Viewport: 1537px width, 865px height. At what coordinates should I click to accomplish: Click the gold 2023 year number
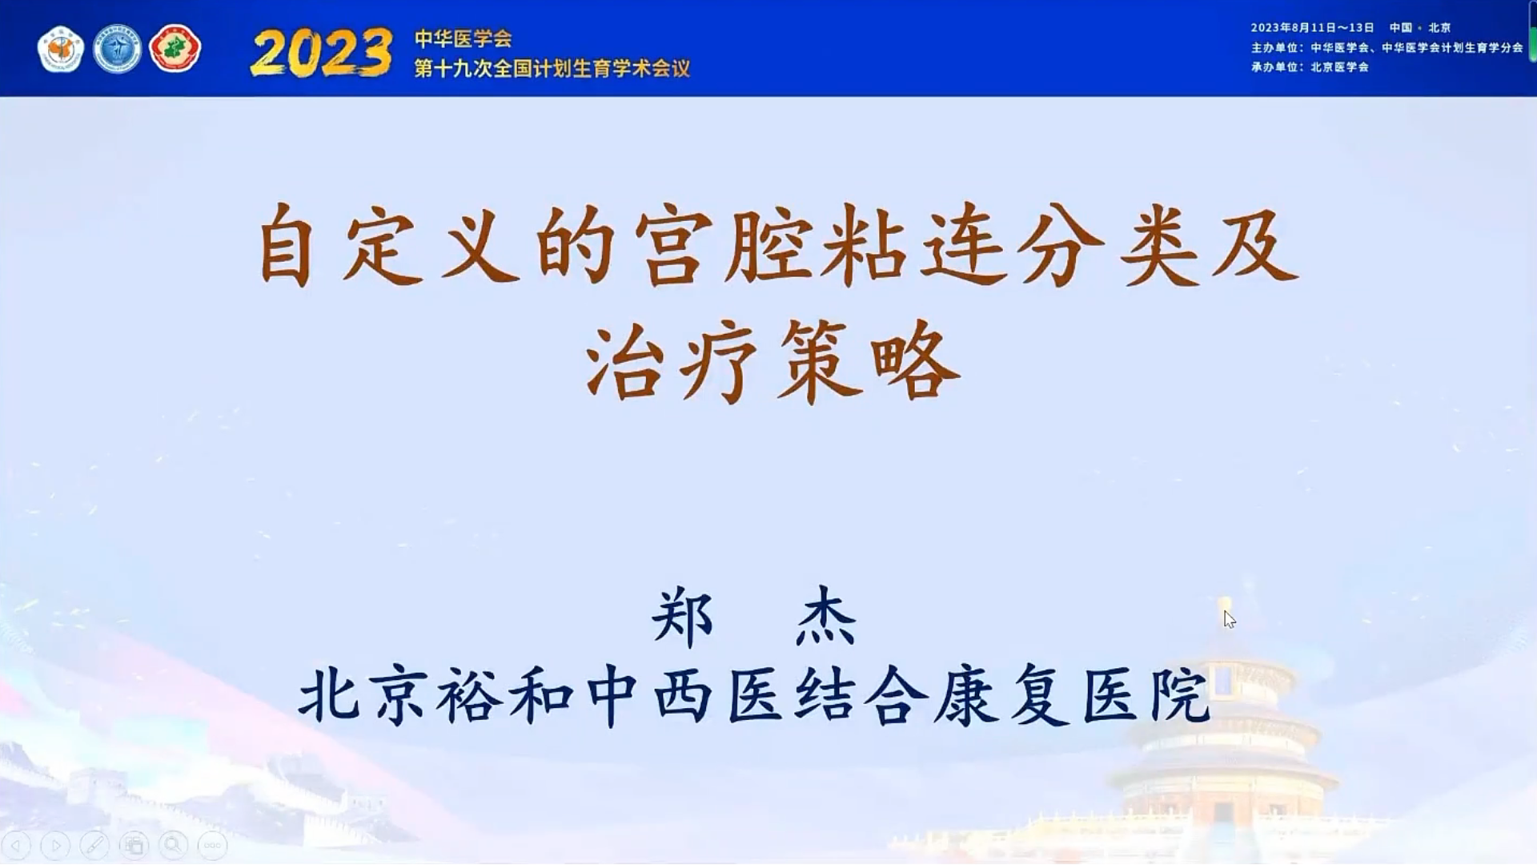tap(322, 53)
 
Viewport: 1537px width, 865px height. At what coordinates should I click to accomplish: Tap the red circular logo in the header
tap(175, 49)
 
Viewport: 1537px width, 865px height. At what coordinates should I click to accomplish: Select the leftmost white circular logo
tap(61, 49)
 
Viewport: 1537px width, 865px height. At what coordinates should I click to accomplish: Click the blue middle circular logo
tap(117, 49)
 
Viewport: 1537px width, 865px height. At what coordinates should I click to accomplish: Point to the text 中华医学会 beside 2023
tap(463, 38)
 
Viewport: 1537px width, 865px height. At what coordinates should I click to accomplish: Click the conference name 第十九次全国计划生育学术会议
tap(552, 68)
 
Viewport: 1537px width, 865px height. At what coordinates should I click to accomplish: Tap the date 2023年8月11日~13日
tap(1312, 27)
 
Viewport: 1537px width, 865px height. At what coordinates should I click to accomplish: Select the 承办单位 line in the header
tap(1310, 66)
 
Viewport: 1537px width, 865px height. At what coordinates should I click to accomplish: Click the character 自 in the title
tap(286, 243)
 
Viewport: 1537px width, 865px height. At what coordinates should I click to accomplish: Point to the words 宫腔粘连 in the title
tap(818, 243)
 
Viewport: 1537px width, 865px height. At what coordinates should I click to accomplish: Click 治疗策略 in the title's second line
tap(772, 361)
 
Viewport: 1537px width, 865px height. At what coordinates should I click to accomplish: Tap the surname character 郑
tap(682, 618)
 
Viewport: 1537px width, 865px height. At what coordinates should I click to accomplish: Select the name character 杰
tap(826, 618)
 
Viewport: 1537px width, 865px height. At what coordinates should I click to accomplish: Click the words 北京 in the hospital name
tap(363, 695)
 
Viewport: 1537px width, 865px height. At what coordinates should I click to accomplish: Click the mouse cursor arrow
tap(1229, 619)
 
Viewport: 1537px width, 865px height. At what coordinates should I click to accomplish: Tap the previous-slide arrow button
tap(17, 845)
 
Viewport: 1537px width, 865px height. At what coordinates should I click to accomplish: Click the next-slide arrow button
tap(55, 845)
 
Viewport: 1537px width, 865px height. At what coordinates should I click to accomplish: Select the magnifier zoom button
tap(173, 845)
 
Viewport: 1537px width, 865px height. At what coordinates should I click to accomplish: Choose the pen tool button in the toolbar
tap(94, 845)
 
